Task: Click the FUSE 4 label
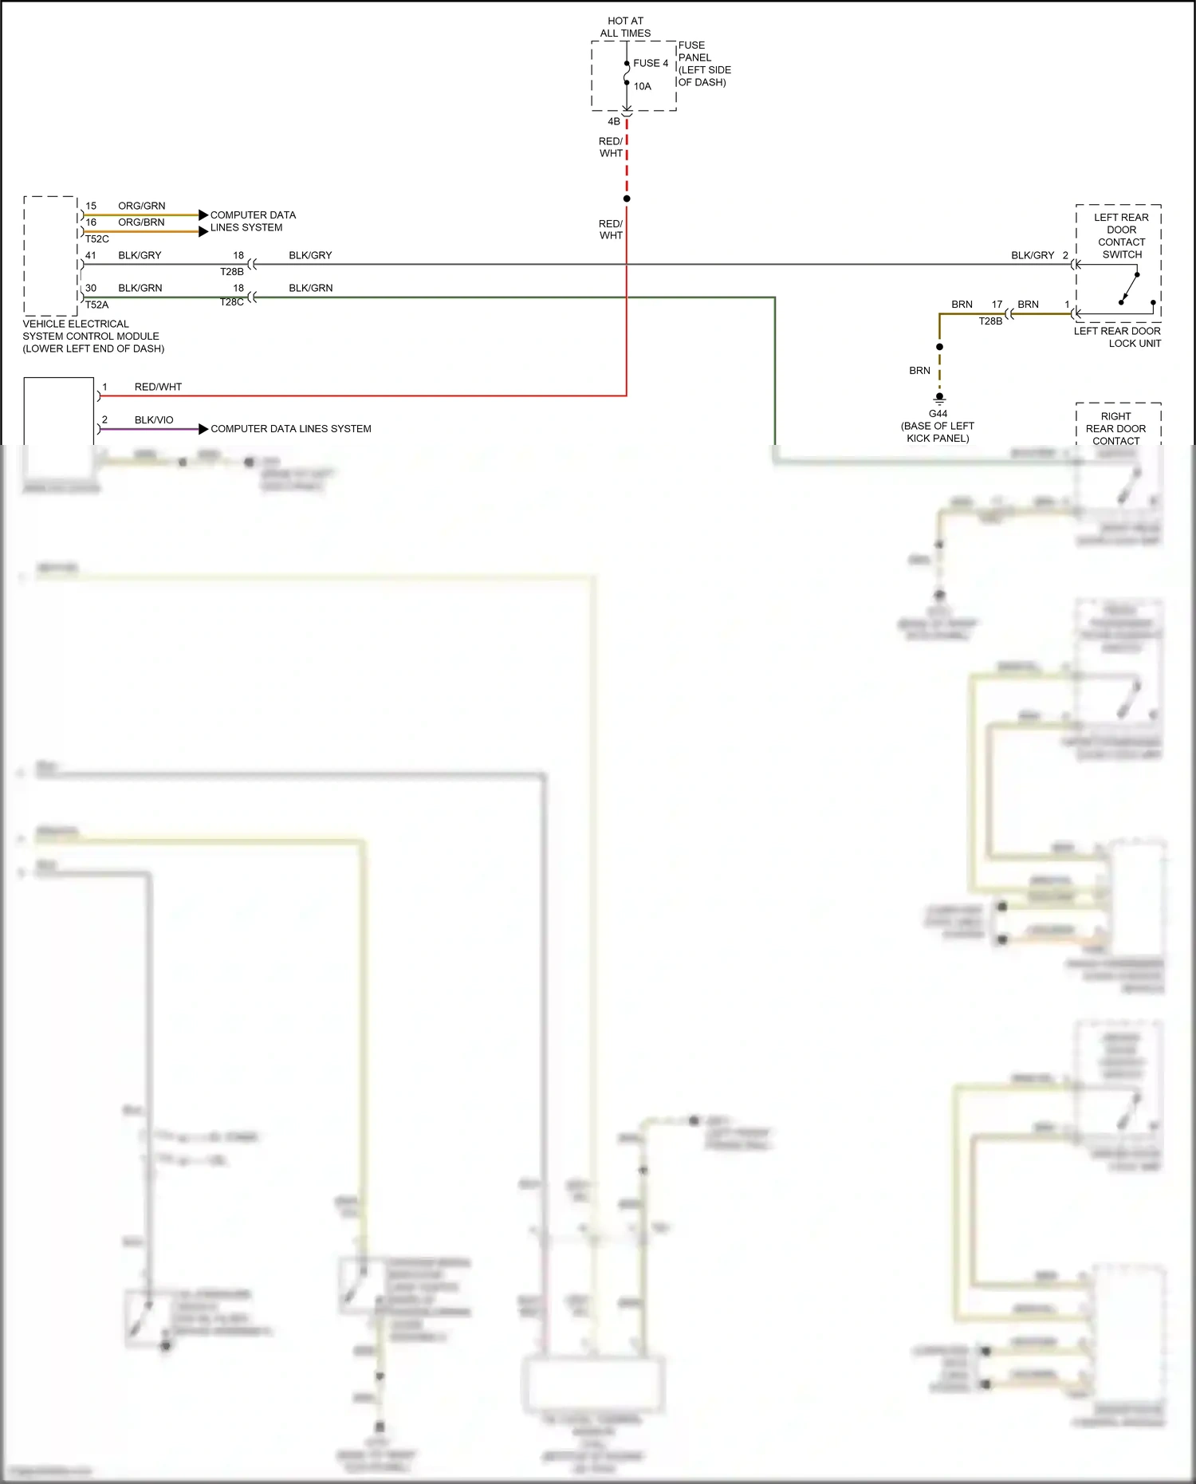point(651,63)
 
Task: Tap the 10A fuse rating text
point(643,86)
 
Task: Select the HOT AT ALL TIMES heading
point(625,27)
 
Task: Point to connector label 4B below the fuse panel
point(614,121)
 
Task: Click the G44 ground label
point(938,414)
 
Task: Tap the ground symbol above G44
point(939,398)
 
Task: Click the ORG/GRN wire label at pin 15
point(142,206)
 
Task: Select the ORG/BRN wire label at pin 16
point(141,222)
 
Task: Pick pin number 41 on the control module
point(91,255)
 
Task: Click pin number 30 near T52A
point(91,288)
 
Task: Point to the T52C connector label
point(97,238)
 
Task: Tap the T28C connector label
point(232,302)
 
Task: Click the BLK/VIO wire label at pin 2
point(154,420)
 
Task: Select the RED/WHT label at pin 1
point(158,387)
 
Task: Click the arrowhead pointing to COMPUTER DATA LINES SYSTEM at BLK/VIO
point(203,429)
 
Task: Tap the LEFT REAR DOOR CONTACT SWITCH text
point(1121,236)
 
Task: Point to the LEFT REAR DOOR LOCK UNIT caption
point(1117,337)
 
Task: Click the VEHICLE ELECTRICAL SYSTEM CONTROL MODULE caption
point(92,337)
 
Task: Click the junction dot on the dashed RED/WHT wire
point(627,199)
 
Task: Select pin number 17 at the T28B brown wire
point(997,305)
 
